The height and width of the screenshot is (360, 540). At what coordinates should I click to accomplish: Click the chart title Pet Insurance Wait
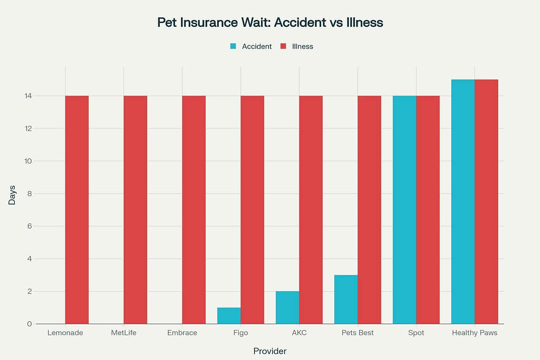point(270,23)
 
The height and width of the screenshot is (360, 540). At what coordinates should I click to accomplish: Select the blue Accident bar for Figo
point(229,316)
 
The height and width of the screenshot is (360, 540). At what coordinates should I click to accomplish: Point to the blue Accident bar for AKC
point(287,307)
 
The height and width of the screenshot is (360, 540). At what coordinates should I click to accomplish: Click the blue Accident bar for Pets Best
point(346,299)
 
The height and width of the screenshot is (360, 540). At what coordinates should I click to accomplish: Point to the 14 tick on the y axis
point(27,96)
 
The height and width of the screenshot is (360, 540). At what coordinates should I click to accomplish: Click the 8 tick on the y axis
point(30,193)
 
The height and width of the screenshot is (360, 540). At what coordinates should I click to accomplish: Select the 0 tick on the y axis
point(30,324)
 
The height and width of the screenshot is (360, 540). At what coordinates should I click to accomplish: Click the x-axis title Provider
point(270,351)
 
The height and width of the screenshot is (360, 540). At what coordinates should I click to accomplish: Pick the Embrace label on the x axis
point(182,333)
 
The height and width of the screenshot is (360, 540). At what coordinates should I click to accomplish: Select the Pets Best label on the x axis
point(358,333)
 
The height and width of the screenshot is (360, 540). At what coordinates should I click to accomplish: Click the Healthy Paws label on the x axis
point(475,333)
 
